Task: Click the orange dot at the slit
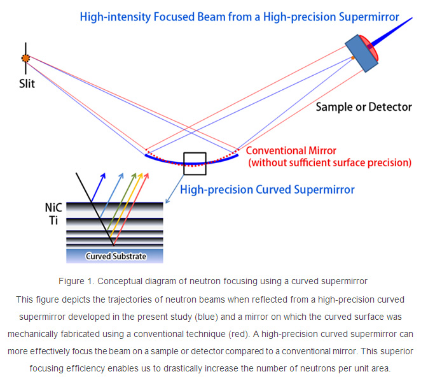[26, 58]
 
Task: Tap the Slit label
[27, 83]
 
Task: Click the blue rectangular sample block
[361, 54]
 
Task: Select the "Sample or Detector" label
[364, 107]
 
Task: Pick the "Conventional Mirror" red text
[291, 150]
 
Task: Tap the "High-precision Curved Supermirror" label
[267, 189]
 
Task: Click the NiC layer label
[53, 208]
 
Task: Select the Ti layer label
[53, 220]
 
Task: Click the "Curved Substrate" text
[116, 256]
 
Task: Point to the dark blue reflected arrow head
[103, 176]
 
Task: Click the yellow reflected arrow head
[141, 176]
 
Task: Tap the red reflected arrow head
[146, 176]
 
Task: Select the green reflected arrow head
[134, 176]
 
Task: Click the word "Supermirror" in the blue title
[369, 17]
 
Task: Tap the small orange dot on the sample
[353, 58]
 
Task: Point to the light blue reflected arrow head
[121, 176]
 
